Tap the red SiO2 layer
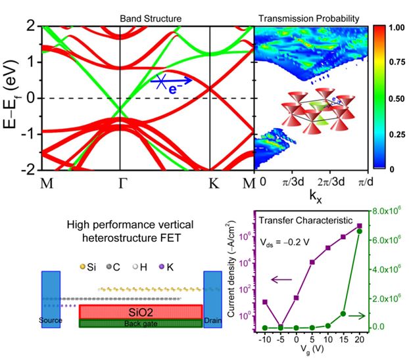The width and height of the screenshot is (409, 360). [x=140, y=311]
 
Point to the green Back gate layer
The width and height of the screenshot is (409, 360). [x=140, y=323]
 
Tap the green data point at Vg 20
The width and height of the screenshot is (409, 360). [x=359, y=231]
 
